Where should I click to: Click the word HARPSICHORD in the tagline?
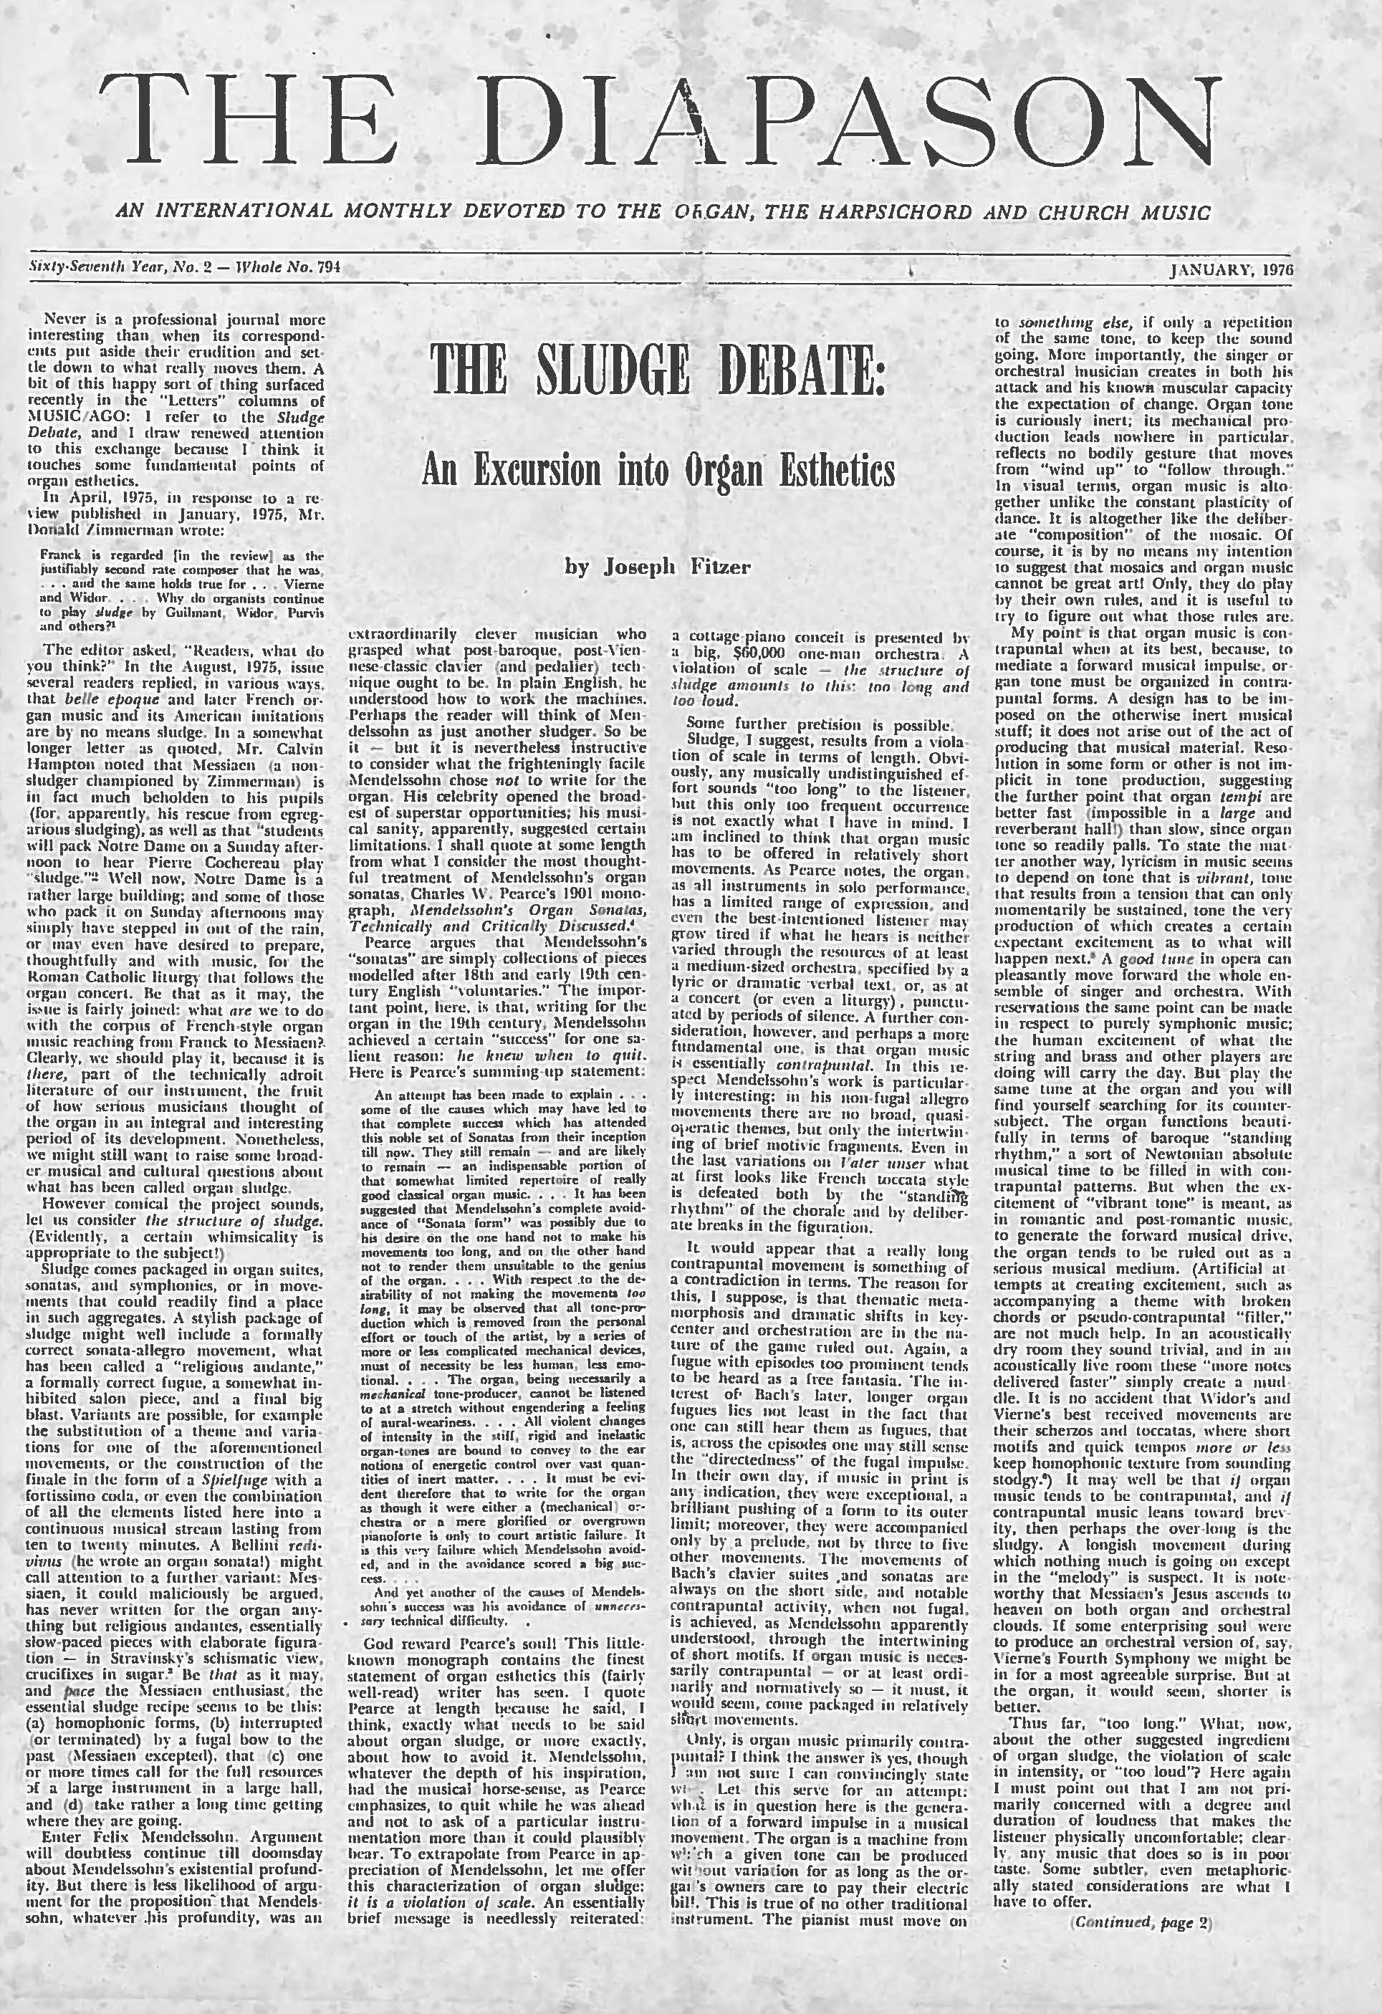875,212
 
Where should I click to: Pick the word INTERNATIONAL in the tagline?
248,212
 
